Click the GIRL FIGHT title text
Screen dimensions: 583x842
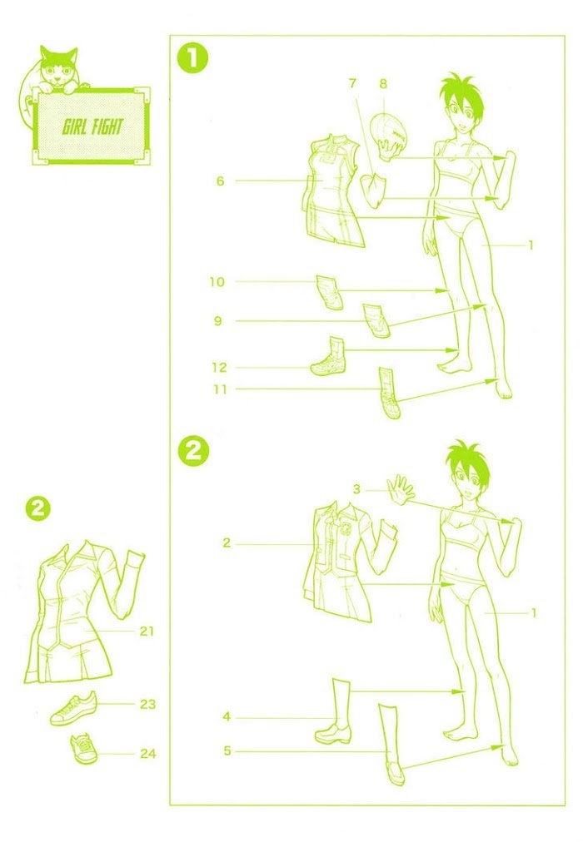(92, 126)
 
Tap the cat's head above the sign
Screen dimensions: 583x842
(58, 67)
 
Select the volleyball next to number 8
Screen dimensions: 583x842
(390, 130)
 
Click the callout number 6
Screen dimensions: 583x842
(221, 181)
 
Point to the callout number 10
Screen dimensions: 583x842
(217, 282)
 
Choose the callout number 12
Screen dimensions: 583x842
(219, 368)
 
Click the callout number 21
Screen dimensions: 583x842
(147, 631)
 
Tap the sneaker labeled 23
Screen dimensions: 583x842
(74, 709)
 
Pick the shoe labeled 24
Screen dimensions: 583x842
(84, 749)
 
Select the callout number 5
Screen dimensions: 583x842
(227, 750)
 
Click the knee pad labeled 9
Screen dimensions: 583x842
(376, 320)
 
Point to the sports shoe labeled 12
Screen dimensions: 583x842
(329, 357)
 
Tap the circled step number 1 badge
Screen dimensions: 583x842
(193, 59)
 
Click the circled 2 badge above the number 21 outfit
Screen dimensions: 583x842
(37, 508)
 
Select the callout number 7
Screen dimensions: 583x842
(352, 84)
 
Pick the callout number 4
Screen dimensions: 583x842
(227, 717)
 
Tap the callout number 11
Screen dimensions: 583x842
(220, 389)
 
